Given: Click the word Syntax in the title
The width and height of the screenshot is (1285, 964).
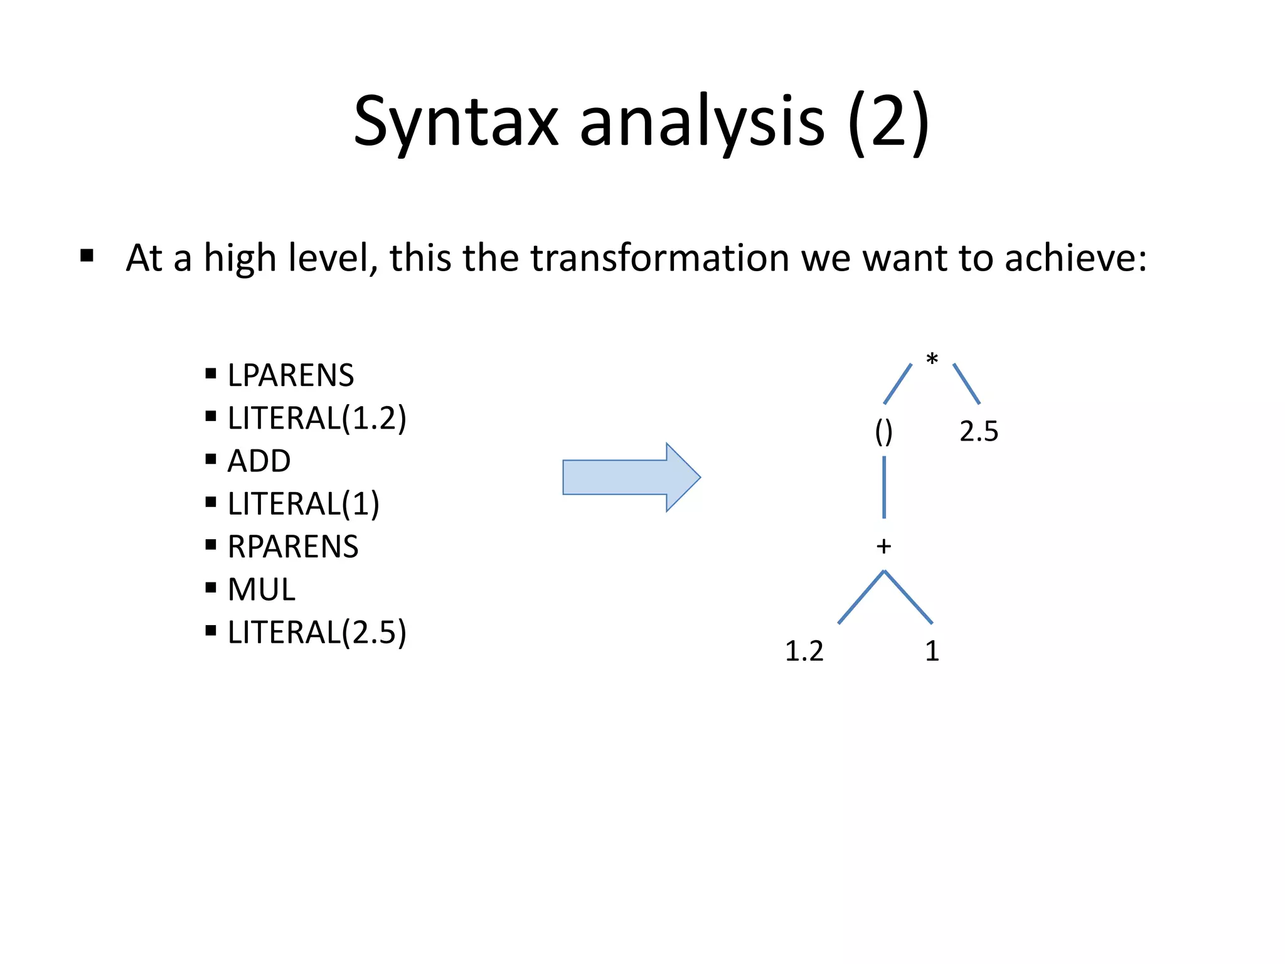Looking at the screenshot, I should coord(456,122).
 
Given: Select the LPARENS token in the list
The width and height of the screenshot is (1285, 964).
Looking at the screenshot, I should coord(291,375).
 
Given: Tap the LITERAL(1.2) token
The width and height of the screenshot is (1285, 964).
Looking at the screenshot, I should coord(317,418).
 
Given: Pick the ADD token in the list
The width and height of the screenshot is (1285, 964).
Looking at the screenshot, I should coord(259,461).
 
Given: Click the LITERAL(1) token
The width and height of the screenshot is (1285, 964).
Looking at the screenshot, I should coord(303,503).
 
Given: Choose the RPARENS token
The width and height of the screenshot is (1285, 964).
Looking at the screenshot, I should coord(293,546).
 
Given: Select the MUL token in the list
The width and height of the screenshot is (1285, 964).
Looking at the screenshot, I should coord(261,589).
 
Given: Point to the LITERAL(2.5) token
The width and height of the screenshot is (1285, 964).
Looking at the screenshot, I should coord(317,632).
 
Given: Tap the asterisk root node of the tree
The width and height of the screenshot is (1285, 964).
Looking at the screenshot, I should coord(932,360).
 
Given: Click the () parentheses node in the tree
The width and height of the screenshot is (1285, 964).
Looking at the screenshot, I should coord(883,431).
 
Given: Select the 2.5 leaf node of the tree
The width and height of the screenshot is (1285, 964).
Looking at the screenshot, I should coord(978,431).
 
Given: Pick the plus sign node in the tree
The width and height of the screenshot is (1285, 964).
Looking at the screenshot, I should coord(883,546).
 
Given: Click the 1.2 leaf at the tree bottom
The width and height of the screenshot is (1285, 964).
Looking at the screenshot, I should coord(804,651).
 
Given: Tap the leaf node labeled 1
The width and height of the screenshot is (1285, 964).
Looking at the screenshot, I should coord(932,651).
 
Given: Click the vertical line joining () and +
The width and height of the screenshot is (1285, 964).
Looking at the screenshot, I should coord(884,487).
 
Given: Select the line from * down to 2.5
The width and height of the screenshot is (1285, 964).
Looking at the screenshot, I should coord(966,383).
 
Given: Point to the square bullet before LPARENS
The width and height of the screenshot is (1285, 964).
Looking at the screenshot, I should coord(211,375).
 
